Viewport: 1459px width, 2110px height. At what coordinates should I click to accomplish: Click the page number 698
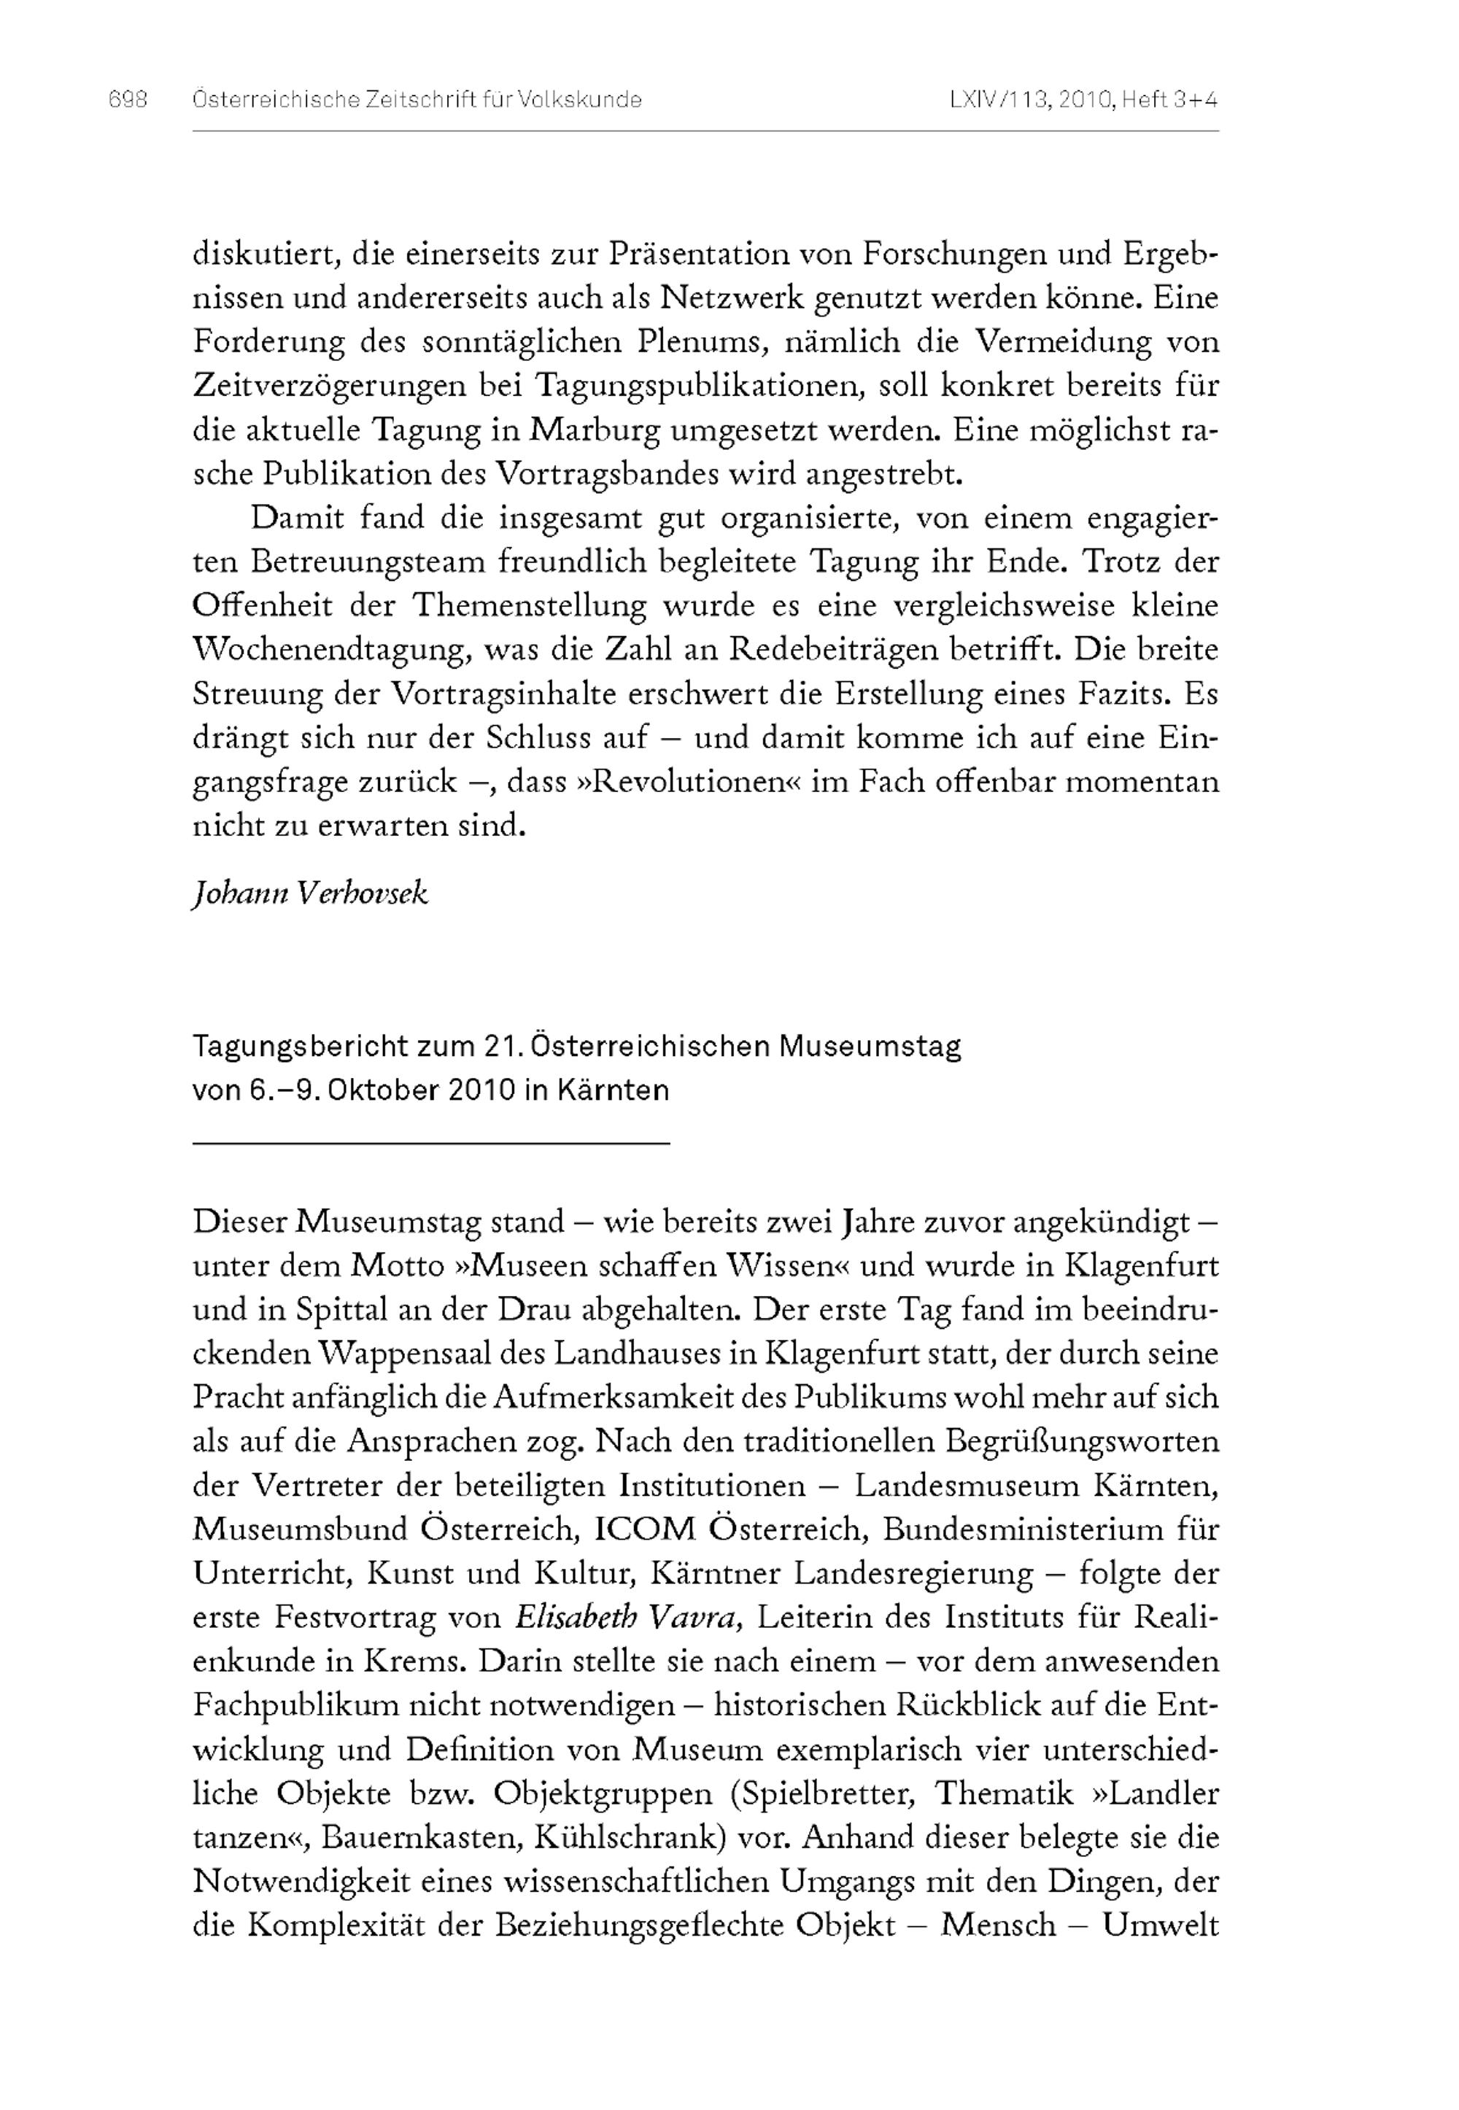point(128,100)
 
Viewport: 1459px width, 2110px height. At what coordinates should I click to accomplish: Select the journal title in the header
point(417,100)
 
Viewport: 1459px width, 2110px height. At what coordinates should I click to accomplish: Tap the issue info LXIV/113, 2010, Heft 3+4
point(1083,100)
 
